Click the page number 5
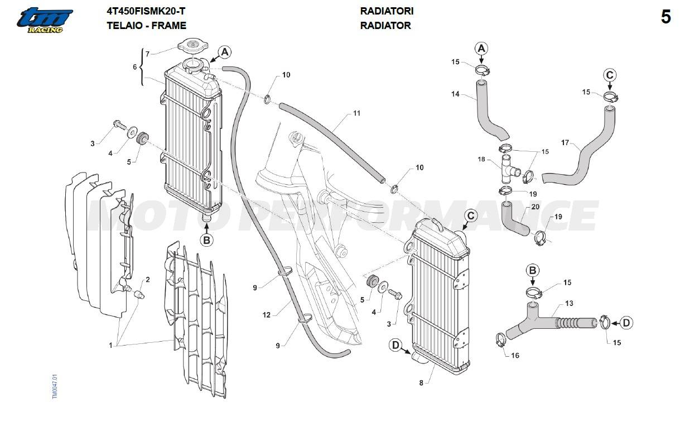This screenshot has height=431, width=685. pos(665,17)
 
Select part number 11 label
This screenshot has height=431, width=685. pos(356,113)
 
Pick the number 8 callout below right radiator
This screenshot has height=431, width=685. pos(421,383)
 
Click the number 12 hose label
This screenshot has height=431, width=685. pos(266,315)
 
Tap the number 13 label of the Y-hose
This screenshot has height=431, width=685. pos(569,303)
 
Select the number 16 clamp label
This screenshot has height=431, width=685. pos(515,356)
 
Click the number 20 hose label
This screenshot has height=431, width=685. pos(535,207)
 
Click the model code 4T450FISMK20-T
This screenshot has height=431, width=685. pos(146,11)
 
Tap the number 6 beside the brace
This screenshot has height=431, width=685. pos(134,67)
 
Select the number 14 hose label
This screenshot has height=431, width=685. pos(456,94)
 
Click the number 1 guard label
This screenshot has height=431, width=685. pos(110,345)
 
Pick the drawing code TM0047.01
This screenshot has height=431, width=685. pos(55,386)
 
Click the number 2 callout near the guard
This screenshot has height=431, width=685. pos(148,279)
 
